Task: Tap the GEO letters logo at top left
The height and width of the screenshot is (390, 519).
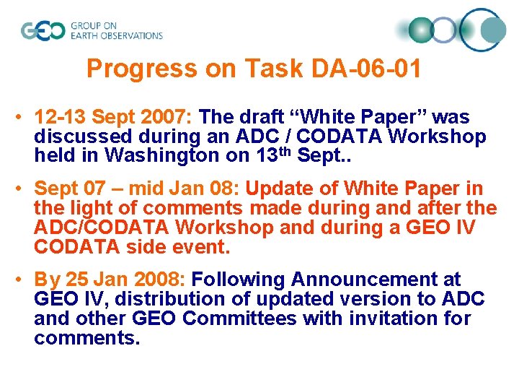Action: point(43,31)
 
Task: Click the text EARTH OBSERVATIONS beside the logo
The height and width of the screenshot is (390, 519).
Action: point(116,35)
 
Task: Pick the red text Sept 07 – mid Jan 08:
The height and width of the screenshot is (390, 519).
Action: point(138,188)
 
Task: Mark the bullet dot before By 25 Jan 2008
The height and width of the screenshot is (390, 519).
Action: point(23,280)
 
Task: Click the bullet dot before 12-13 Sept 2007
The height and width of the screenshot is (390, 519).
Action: point(23,118)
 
